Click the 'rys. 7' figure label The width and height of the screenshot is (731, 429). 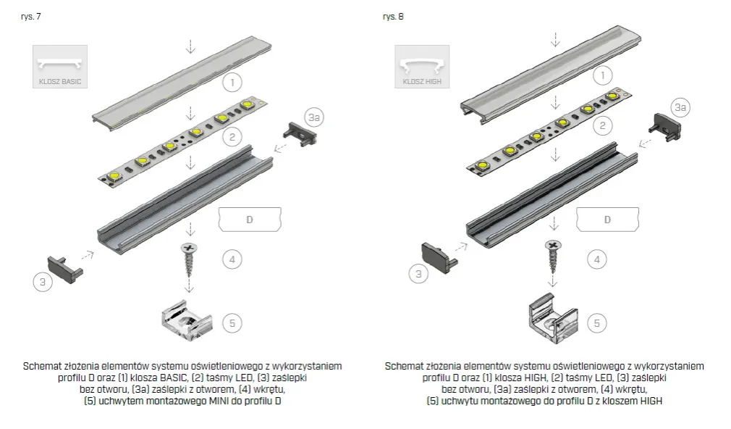pos(31,16)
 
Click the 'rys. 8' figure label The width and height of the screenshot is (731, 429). pos(393,16)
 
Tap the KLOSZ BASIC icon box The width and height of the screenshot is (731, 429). pos(59,67)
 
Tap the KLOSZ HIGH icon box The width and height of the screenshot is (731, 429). pos(421,67)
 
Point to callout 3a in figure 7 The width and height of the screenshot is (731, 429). pos(315,117)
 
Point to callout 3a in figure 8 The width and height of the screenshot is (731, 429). pos(680,107)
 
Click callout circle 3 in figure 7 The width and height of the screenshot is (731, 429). pos(43,283)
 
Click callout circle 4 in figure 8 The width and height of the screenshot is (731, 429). pos(596,259)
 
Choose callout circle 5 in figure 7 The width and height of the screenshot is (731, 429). pos(232,322)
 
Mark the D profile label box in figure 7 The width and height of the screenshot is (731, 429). pos(250,219)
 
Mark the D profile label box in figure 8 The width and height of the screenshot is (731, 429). pos(608,219)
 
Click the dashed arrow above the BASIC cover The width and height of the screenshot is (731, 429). pos(190,45)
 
